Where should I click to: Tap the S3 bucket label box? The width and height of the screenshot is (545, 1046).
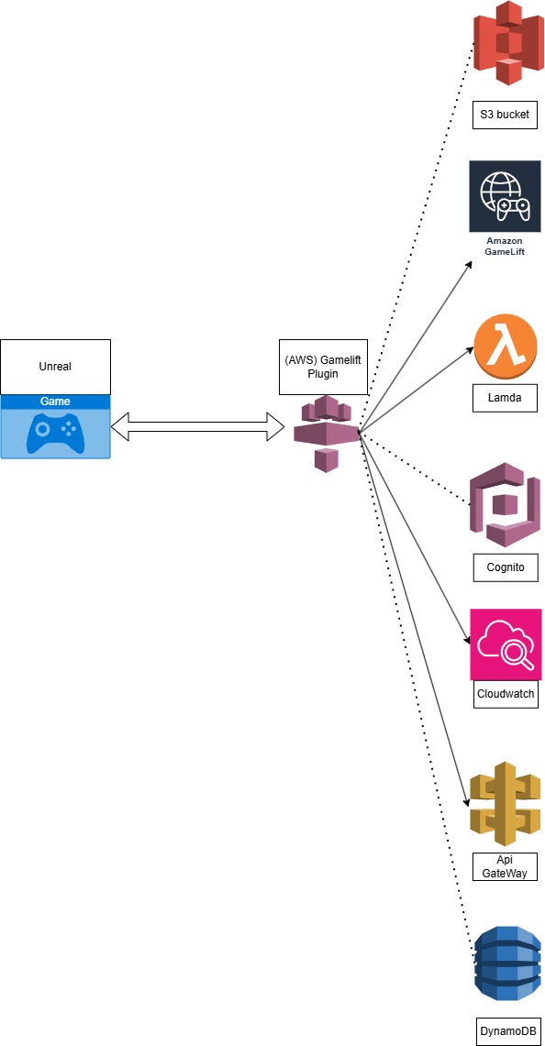pyautogui.click(x=505, y=115)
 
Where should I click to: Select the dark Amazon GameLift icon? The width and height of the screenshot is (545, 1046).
pyautogui.click(x=505, y=196)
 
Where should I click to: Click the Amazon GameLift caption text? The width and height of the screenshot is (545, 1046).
pyautogui.click(x=505, y=246)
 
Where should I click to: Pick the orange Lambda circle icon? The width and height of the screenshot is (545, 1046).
pyautogui.click(x=506, y=347)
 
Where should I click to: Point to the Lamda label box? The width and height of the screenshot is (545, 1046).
pyautogui.click(x=505, y=398)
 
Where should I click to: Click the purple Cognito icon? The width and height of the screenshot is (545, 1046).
pyautogui.click(x=505, y=505)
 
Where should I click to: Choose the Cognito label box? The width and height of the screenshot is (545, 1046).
pyautogui.click(x=505, y=567)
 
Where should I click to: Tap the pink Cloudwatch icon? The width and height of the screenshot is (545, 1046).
pyautogui.click(x=506, y=644)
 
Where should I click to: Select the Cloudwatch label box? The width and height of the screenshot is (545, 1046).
pyautogui.click(x=505, y=694)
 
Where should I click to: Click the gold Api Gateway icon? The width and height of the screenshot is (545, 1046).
pyautogui.click(x=505, y=805)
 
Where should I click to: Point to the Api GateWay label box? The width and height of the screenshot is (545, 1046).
pyautogui.click(x=505, y=866)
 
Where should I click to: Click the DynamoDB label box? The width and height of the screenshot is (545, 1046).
pyautogui.click(x=507, y=1031)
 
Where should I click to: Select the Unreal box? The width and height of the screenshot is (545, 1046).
pyautogui.click(x=55, y=367)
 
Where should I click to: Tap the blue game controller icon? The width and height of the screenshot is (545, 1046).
pyautogui.click(x=55, y=434)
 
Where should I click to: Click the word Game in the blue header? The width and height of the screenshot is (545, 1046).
pyautogui.click(x=55, y=402)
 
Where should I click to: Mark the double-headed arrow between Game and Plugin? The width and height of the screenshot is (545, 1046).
pyautogui.click(x=197, y=426)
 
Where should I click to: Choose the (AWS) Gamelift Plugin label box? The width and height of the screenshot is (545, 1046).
pyautogui.click(x=323, y=366)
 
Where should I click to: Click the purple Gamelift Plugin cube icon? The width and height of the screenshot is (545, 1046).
pyautogui.click(x=327, y=434)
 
